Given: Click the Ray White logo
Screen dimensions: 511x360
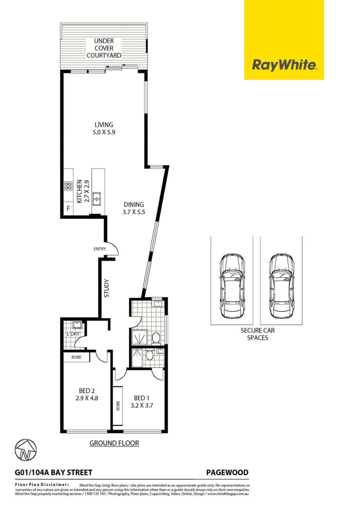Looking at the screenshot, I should (x=284, y=65).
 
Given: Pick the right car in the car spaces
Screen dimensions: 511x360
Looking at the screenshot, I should (x=281, y=287).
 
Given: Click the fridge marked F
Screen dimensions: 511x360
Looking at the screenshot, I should (x=68, y=208).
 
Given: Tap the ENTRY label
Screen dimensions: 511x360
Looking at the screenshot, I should (x=99, y=249).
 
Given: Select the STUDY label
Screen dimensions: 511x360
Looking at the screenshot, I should (x=106, y=289).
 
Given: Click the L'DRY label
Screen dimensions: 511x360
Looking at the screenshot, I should (x=73, y=334).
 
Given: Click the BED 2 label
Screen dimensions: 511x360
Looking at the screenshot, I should (x=87, y=390).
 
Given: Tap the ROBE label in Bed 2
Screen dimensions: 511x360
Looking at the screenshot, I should (x=76, y=358).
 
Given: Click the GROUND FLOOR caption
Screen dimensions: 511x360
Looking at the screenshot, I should (x=114, y=443).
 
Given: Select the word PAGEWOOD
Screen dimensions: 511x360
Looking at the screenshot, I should (x=227, y=472).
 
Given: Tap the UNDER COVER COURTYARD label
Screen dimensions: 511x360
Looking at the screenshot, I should (x=104, y=48).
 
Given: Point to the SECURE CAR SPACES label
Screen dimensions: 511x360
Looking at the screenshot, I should (x=257, y=334).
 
